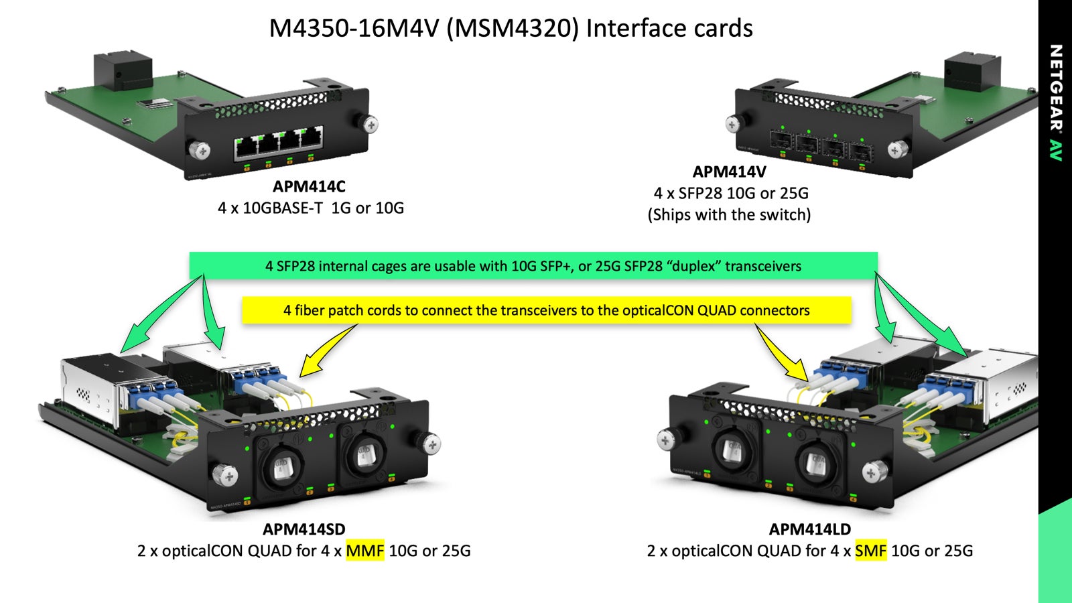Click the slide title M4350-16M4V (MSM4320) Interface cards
[x=511, y=29]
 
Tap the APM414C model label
[x=309, y=186]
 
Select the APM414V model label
[x=729, y=172]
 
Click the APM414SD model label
[x=304, y=529]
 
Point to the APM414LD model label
[x=809, y=529]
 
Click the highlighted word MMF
[x=365, y=551]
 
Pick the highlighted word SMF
[x=870, y=551]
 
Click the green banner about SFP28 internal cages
[x=533, y=266]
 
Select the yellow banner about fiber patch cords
[x=546, y=310]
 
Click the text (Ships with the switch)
[x=729, y=215]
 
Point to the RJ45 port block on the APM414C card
[x=278, y=143]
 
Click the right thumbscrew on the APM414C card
[x=369, y=124]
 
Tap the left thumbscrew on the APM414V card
[x=733, y=124]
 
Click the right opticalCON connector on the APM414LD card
[x=815, y=463]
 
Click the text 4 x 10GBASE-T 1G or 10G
[x=311, y=208]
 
